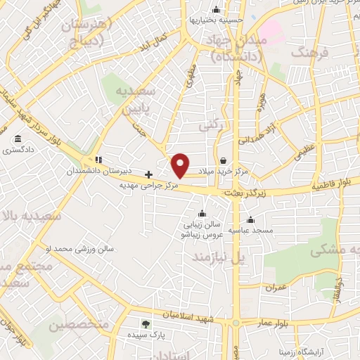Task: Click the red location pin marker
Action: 181,165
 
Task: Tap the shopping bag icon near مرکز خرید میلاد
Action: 223,161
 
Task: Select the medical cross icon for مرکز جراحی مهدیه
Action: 148,174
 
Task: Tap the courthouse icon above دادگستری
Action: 17,139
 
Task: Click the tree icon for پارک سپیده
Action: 146,324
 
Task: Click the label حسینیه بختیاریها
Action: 215,20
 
